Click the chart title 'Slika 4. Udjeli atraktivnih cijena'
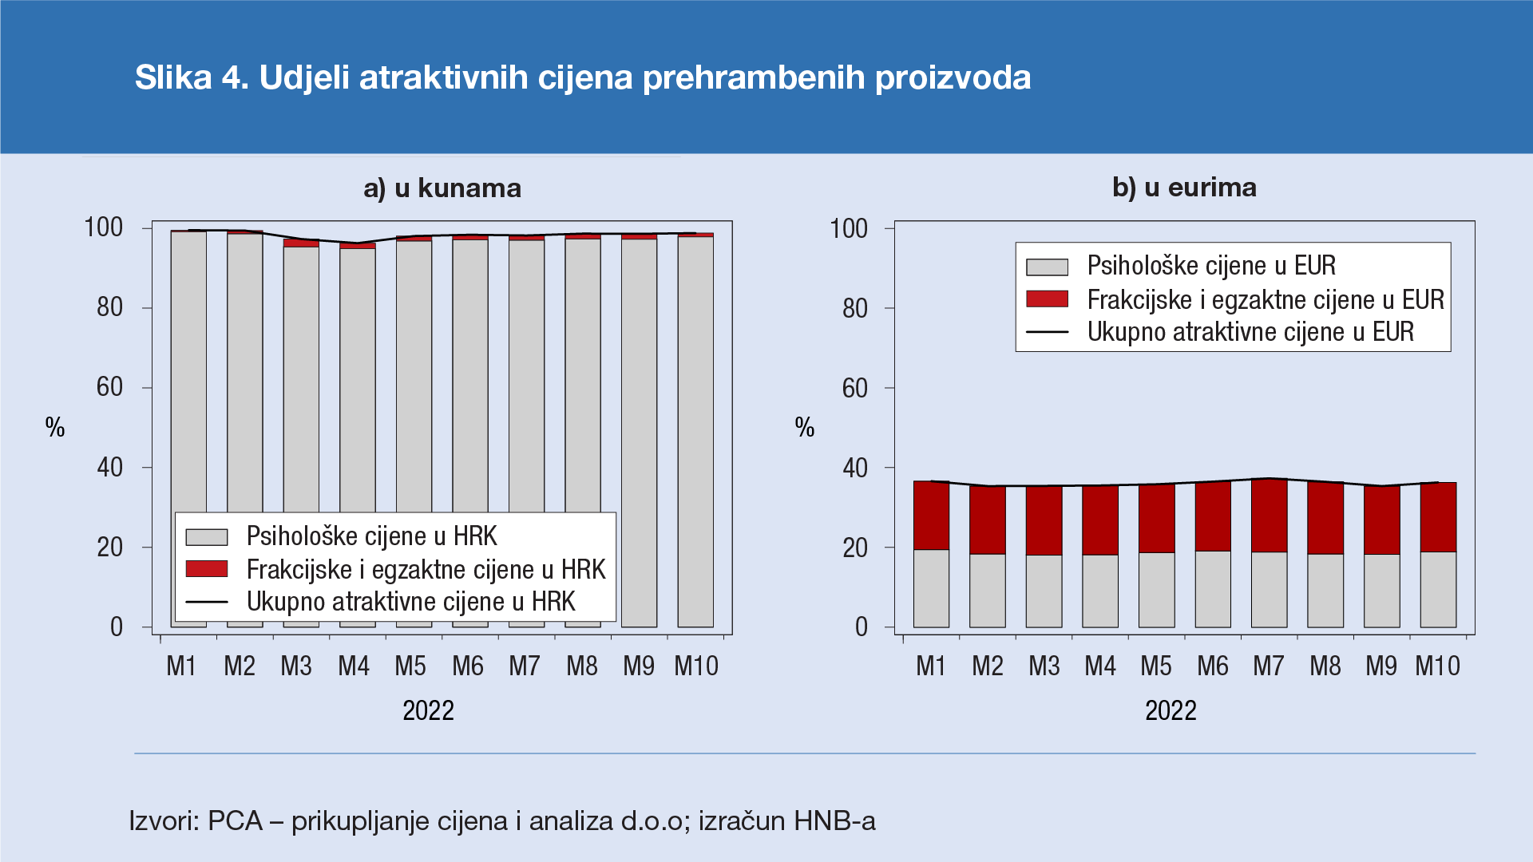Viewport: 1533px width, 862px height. (582, 77)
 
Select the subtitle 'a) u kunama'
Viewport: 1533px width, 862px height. (442, 188)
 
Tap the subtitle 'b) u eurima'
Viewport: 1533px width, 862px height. (1184, 188)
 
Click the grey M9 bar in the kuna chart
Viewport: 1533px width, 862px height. (639, 431)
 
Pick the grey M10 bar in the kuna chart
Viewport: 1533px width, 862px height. (695, 431)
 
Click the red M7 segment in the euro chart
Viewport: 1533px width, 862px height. (1269, 516)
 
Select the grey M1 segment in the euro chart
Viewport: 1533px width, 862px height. (931, 588)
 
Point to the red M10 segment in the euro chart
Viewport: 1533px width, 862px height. (1438, 517)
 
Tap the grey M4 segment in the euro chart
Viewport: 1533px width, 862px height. (1100, 591)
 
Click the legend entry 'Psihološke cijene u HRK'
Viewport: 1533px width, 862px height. (371, 536)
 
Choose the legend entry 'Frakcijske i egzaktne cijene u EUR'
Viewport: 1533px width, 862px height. (1265, 299)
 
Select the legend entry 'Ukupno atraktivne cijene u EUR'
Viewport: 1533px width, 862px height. (1250, 331)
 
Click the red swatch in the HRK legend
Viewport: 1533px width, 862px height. (207, 568)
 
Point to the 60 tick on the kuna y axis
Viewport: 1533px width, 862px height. (110, 387)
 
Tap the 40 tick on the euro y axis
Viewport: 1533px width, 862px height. (855, 468)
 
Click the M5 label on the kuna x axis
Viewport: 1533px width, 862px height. (410, 666)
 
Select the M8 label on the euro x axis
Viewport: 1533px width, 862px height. (1325, 666)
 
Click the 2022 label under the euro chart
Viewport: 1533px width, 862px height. (1171, 710)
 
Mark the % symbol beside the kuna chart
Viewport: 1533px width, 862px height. (55, 428)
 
